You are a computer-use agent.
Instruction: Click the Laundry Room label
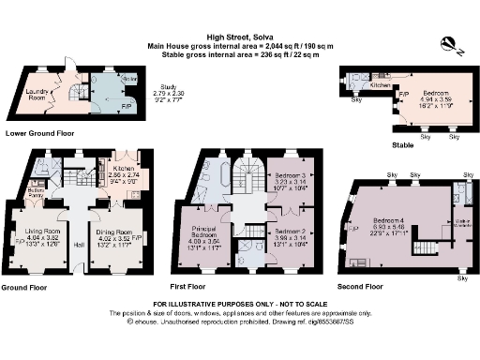pyautogui.click(x=38, y=94)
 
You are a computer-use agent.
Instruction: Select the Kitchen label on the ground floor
pyautogui.click(x=125, y=170)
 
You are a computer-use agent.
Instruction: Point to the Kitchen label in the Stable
pyautogui.click(x=380, y=85)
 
